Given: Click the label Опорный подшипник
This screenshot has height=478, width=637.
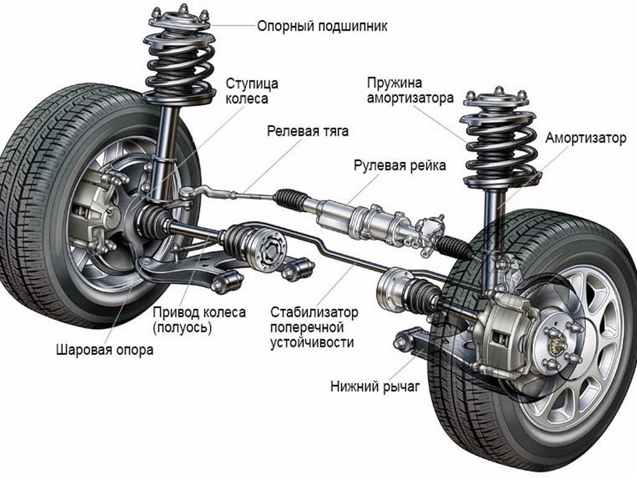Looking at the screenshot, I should (322, 26).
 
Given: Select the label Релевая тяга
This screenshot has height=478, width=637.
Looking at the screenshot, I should (308, 131).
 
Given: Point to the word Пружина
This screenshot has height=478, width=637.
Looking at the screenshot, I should (394, 83).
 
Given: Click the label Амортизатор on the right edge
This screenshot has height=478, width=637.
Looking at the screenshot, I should (586, 138).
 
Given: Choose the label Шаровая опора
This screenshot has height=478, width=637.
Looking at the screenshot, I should (104, 350).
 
